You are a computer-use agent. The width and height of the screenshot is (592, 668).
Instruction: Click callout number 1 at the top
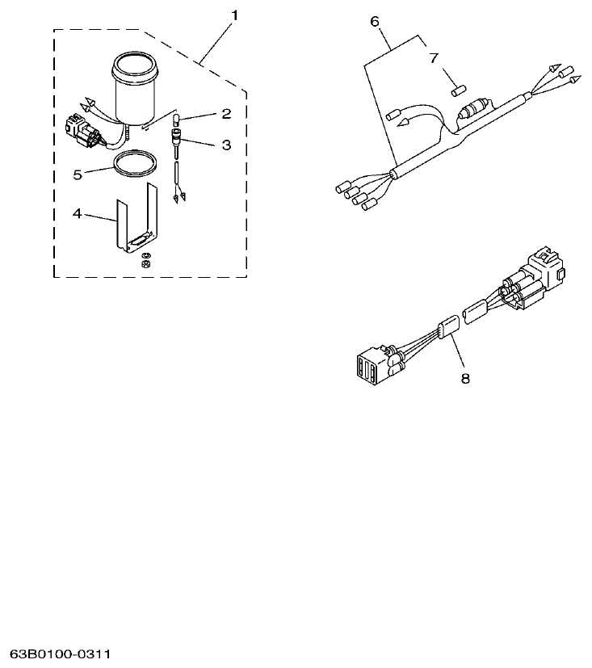235,15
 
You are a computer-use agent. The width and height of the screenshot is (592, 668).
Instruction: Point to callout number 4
77,214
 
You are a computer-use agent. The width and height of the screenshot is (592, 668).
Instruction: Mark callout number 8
464,377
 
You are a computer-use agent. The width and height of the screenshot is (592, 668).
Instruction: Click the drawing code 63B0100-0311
61,652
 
